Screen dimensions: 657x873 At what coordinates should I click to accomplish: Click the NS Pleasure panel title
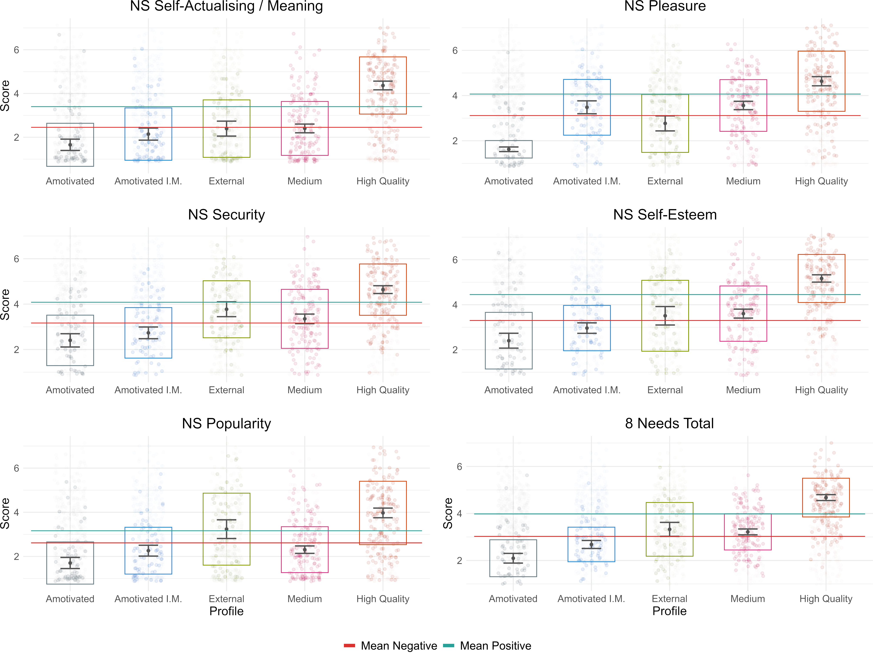(665, 6)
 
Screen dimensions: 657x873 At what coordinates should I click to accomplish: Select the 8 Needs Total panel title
(669, 424)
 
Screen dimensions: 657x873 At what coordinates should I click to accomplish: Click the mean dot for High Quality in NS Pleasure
(821, 81)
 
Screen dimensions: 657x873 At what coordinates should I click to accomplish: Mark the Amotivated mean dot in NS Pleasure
(509, 149)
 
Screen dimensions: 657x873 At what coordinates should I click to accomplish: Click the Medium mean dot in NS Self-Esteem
(743, 314)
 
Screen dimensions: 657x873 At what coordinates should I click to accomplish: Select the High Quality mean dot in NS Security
(383, 290)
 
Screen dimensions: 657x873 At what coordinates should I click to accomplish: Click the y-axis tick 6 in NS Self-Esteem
(455, 260)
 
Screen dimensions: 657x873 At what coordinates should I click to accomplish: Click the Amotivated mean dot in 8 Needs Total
(513, 558)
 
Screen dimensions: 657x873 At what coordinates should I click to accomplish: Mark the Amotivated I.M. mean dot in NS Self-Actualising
(148, 134)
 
